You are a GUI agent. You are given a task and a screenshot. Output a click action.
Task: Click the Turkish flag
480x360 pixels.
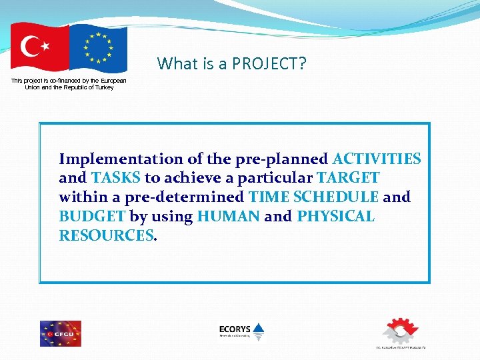39,48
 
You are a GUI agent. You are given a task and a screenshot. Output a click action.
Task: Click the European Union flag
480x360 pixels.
98,49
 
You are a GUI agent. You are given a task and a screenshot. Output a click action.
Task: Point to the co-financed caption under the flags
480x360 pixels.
69,84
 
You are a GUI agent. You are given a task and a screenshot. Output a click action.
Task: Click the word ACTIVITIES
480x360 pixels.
377,159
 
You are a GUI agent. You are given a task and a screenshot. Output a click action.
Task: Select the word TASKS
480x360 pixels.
116,178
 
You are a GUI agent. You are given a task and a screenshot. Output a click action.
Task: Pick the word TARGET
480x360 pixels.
348,178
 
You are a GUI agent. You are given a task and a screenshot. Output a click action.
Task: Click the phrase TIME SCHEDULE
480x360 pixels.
313,197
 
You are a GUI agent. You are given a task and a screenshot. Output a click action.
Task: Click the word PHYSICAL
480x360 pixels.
335,217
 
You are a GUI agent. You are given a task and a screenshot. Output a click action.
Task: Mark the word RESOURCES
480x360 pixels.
106,236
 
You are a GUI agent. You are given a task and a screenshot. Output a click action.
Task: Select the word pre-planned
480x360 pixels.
281,159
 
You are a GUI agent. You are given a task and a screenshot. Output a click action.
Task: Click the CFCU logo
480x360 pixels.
60,333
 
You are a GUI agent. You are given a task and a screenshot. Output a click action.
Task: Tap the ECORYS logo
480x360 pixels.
241,330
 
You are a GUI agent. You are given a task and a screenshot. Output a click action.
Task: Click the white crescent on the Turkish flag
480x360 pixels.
31,47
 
